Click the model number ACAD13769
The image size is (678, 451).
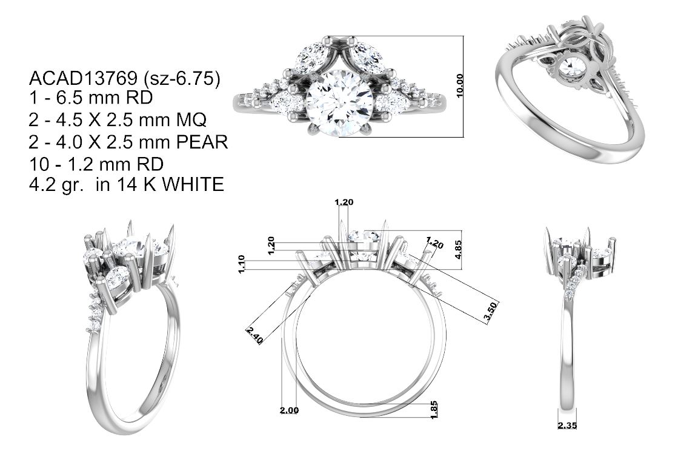click(x=83, y=78)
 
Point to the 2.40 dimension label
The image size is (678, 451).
click(x=254, y=336)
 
